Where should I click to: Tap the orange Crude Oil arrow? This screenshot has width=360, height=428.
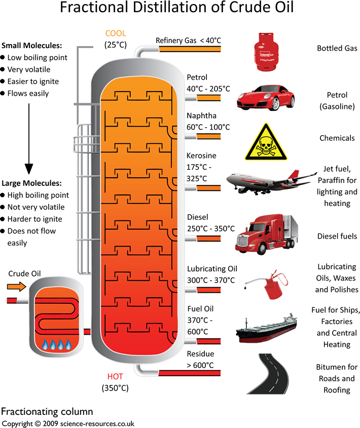tap(17, 287)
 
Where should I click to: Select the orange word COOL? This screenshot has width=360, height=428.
tap(115, 34)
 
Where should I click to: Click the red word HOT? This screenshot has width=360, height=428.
tap(115, 377)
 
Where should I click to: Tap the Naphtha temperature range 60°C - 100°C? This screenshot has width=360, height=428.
tap(208, 127)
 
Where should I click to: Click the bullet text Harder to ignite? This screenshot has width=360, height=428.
tap(34, 219)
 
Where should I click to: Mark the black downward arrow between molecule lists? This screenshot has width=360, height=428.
tap(29, 137)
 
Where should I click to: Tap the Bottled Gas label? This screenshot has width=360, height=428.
tap(337, 49)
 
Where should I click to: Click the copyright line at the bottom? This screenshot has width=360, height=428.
tap(68, 423)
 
